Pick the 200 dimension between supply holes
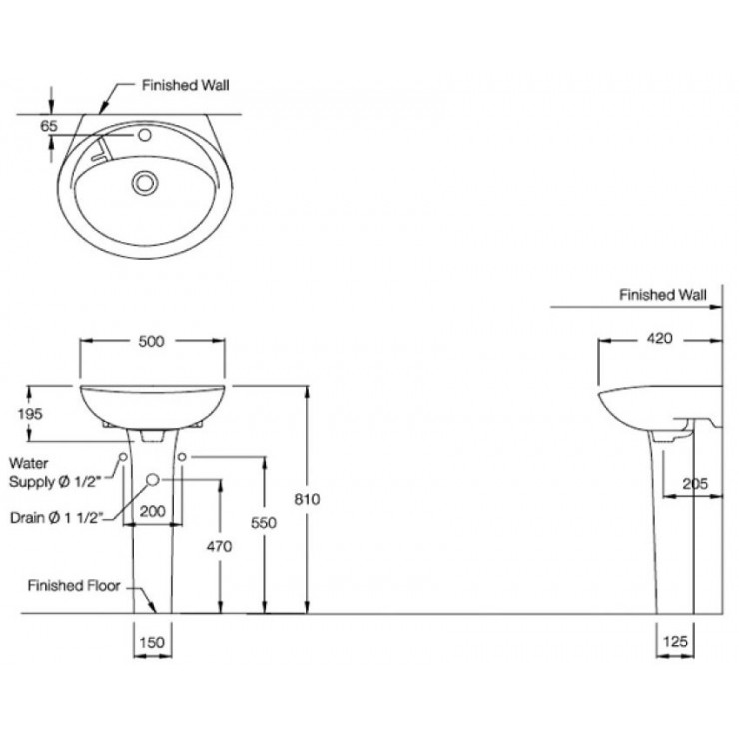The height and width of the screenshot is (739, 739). [x=153, y=511]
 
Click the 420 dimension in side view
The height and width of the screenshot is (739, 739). [x=658, y=339]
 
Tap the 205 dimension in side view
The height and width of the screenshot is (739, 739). [x=695, y=484]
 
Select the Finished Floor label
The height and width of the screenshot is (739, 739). [x=74, y=586]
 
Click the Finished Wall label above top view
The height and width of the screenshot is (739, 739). [x=184, y=86]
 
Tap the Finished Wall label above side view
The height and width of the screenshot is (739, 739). [x=662, y=295]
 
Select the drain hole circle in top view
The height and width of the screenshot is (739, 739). [x=146, y=182]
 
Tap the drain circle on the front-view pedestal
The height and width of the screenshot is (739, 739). [x=153, y=480]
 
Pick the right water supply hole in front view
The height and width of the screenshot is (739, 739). [x=184, y=457]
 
